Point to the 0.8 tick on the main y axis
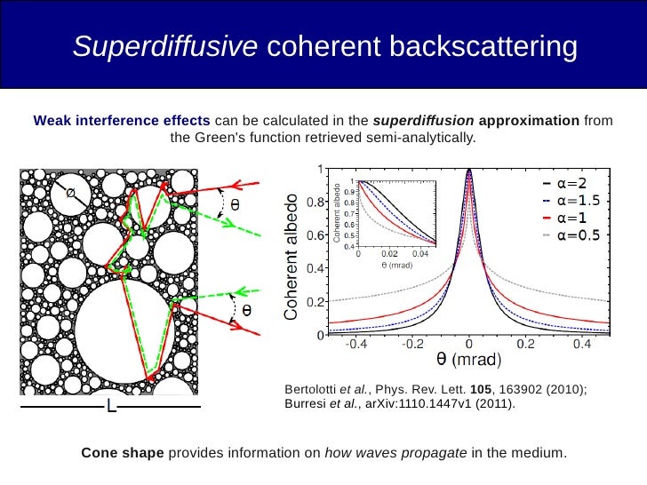(316, 203)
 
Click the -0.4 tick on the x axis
(357, 345)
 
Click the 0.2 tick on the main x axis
(525, 345)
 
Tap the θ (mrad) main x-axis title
(469, 361)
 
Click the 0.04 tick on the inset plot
(420, 254)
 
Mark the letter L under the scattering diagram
(111, 408)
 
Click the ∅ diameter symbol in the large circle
(68, 191)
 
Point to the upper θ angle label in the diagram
(235, 203)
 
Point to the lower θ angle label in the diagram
(246, 311)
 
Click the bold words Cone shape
(123, 453)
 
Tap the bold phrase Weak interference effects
(122, 121)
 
